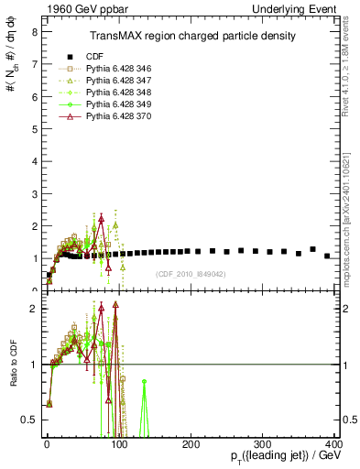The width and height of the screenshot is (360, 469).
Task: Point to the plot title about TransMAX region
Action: coord(191,36)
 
